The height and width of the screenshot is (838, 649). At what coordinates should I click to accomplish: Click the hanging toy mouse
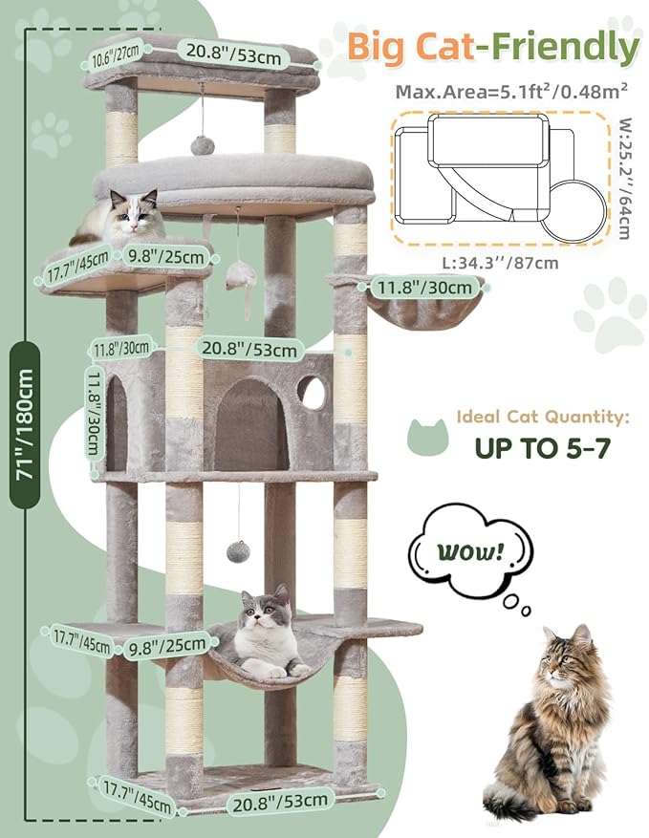239,279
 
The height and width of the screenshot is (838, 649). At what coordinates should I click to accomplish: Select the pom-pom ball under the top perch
202,144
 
